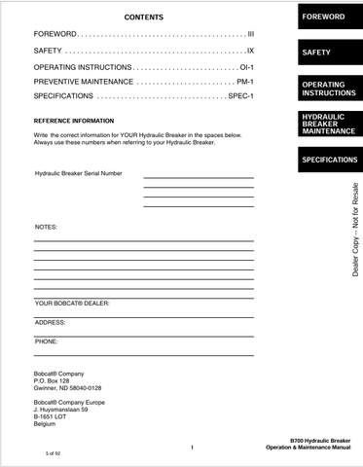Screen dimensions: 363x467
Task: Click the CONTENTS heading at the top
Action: click(144, 18)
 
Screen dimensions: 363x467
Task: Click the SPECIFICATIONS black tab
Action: click(330, 160)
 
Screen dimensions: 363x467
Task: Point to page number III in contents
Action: click(249, 33)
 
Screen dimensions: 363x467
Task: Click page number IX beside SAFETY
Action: click(249, 49)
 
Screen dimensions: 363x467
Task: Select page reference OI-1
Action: click(246, 66)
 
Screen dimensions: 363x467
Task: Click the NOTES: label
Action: click(46, 227)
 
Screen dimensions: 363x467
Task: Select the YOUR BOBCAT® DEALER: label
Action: click(72, 304)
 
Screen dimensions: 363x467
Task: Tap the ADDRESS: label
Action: click(50, 322)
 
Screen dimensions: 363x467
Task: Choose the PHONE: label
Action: click(47, 341)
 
